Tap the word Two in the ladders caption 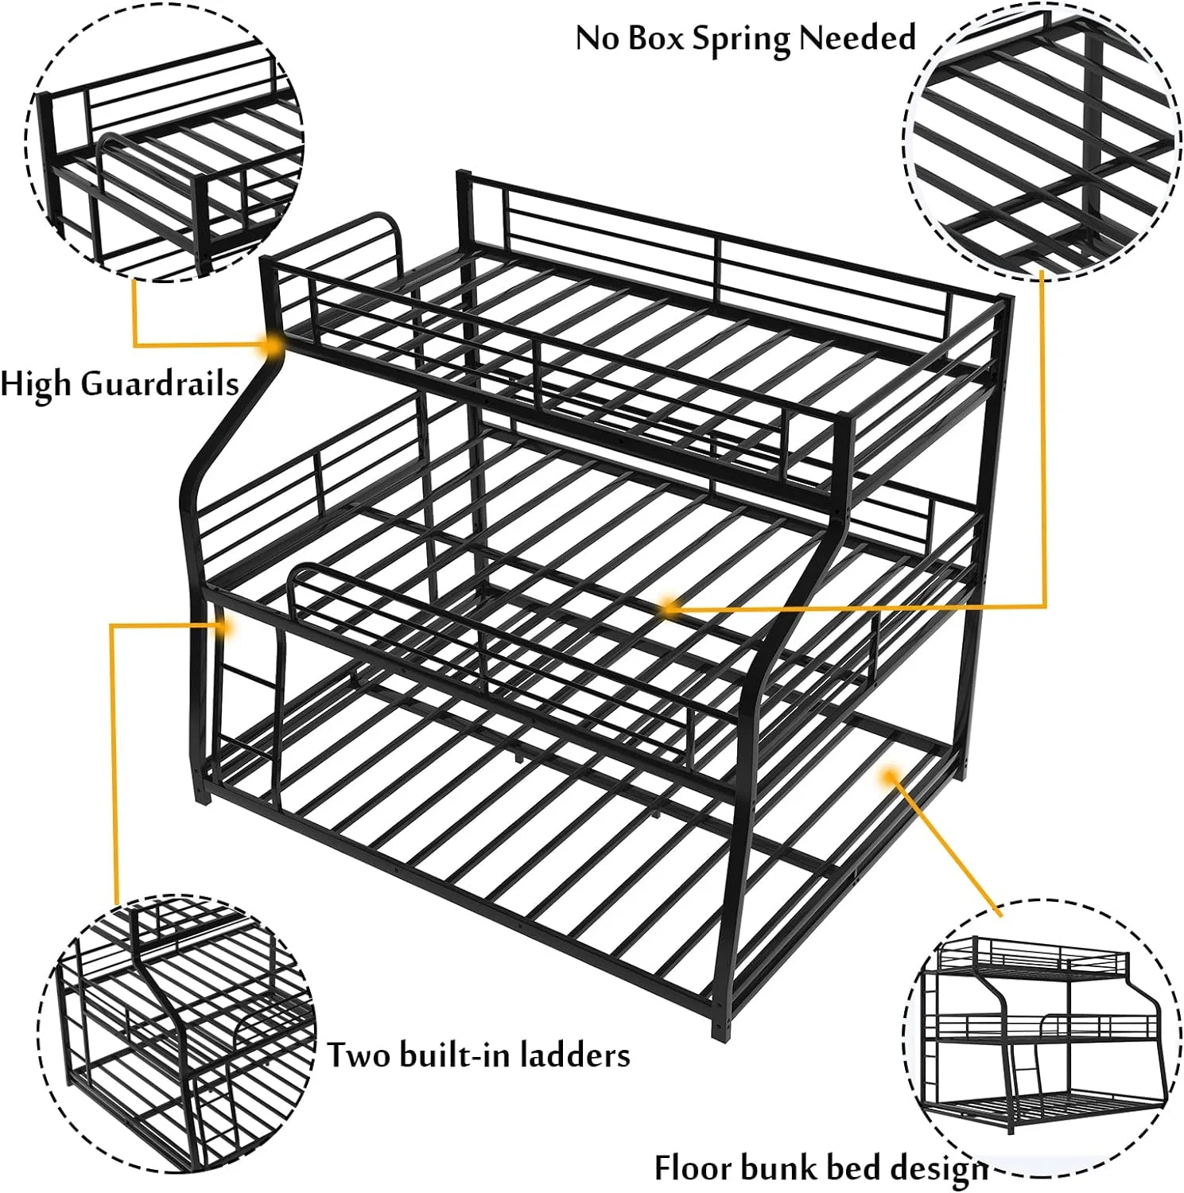[x=359, y=1055]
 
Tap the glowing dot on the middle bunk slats [x=670, y=608]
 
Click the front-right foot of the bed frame [x=720, y=1032]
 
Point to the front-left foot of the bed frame [x=202, y=794]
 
